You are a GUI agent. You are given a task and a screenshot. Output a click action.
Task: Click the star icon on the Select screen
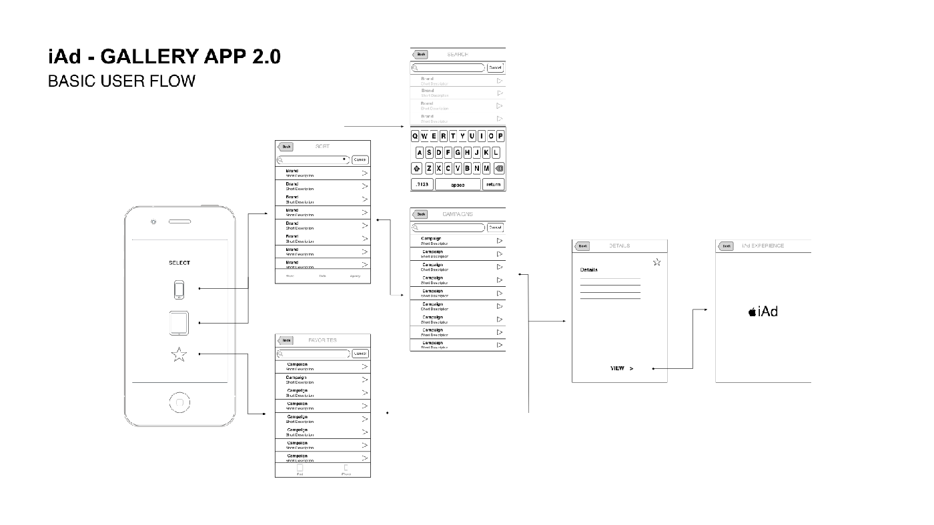[179, 355]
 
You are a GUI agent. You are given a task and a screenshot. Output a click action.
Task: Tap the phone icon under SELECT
[179, 290]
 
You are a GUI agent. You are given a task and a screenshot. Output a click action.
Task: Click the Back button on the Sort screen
[286, 147]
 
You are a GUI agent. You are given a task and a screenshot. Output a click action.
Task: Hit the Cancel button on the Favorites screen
[360, 354]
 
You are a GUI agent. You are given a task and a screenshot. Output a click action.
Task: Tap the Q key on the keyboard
[415, 136]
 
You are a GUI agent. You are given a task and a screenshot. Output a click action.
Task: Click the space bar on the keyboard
[458, 185]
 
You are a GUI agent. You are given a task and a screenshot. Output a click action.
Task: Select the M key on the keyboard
[486, 168]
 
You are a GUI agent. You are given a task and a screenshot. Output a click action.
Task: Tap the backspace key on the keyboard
[500, 168]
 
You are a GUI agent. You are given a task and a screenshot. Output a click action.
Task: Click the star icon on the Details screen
[657, 262]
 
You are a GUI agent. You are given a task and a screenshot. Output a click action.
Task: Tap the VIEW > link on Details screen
[621, 368]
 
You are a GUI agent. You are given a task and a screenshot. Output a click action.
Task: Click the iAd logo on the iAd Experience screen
[763, 312]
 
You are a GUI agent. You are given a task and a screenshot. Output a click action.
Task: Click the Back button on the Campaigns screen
[420, 214]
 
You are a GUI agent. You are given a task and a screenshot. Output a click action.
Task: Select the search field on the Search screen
[448, 67]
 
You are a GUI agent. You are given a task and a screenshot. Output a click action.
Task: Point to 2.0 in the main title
[266, 57]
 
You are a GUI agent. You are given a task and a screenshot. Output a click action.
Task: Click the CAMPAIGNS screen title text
[458, 214]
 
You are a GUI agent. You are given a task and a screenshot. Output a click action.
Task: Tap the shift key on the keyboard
[417, 168]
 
